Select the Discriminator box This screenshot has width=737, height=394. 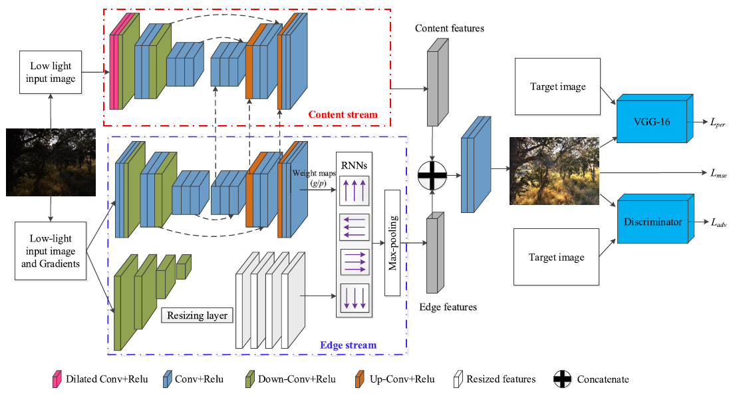(x=652, y=222)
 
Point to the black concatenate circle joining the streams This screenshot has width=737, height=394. (x=432, y=176)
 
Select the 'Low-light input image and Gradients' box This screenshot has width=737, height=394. (x=51, y=251)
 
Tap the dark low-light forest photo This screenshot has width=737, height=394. (x=51, y=162)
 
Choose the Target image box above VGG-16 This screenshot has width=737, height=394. (x=557, y=87)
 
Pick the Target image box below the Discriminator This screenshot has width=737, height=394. (x=557, y=257)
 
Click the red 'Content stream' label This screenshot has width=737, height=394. (x=343, y=115)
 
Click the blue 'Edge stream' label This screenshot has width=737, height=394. (x=348, y=345)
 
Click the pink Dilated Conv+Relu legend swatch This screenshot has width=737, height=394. (x=57, y=379)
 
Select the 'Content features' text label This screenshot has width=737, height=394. (x=449, y=29)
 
